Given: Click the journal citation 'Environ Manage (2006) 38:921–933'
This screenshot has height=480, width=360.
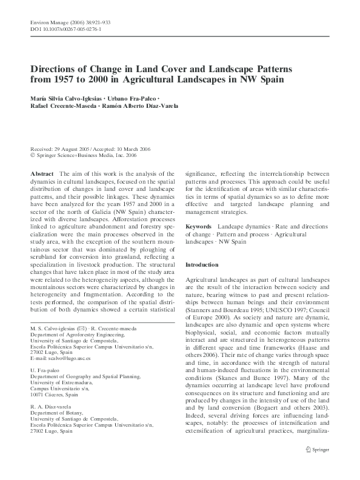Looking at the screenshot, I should (70, 22).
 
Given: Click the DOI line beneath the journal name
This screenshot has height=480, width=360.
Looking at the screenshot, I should (65, 29).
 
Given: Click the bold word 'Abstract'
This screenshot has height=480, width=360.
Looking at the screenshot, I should (42, 174).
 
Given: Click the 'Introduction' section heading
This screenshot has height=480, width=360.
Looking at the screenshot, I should (201, 265).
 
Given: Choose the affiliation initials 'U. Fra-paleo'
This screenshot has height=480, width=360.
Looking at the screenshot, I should (45, 370).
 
